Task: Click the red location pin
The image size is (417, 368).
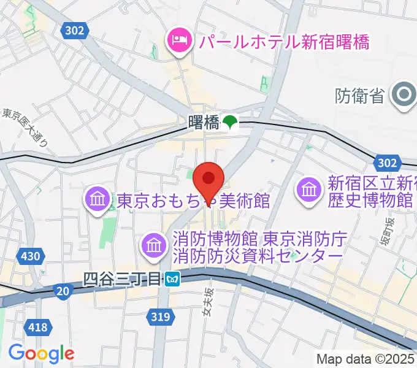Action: (208, 179)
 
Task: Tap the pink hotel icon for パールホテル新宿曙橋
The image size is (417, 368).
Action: (178, 42)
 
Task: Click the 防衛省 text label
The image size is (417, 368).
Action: (360, 96)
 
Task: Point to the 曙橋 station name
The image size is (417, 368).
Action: (204, 123)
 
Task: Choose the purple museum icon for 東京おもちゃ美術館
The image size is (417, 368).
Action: (98, 200)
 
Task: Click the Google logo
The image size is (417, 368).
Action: (41, 353)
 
